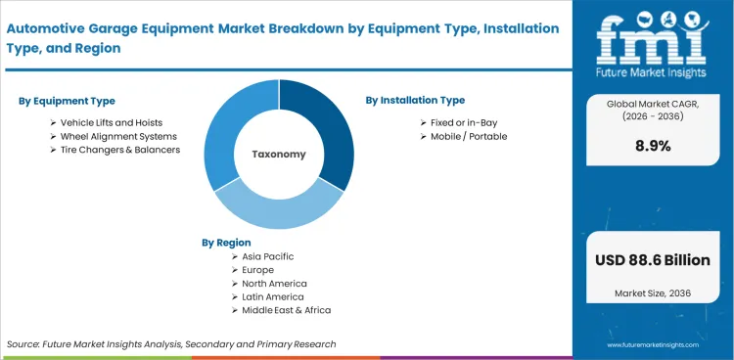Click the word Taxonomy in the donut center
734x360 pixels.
pyautogui.click(x=279, y=155)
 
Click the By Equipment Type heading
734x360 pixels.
pyautogui.click(x=67, y=101)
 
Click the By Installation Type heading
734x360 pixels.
pyautogui.click(x=415, y=100)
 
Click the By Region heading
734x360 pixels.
pyautogui.click(x=226, y=242)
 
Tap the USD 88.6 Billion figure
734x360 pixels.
pyautogui.click(x=654, y=261)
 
